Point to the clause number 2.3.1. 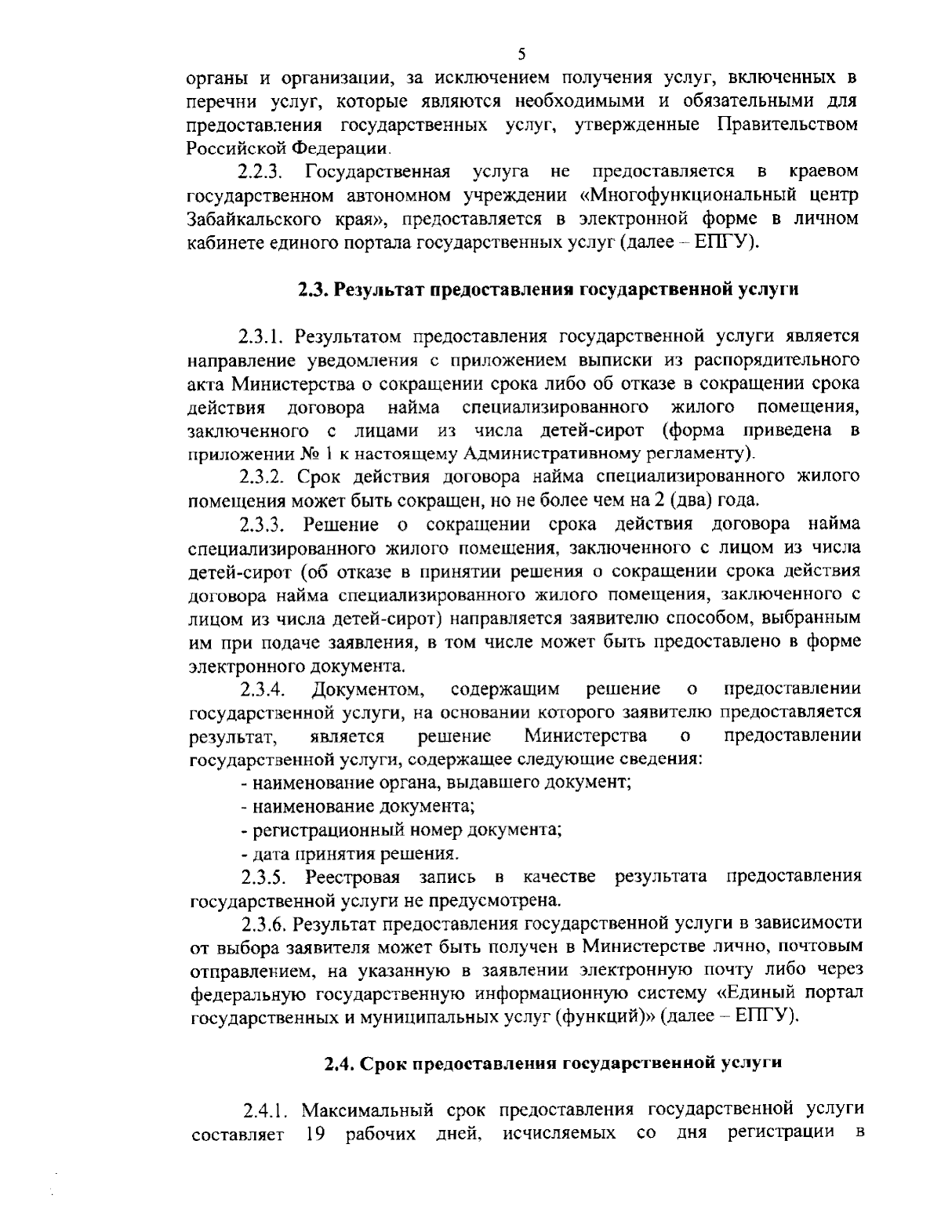(x=265, y=336)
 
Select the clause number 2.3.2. (x=265, y=477)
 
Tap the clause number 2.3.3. (x=265, y=524)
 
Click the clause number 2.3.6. (x=265, y=923)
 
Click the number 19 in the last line (x=312, y=1135)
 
